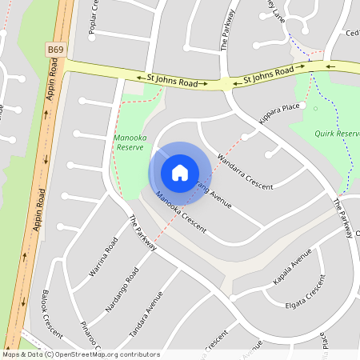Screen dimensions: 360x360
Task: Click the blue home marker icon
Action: click(x=180, y=172)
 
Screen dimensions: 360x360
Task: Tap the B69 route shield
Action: click(x=55, y=50)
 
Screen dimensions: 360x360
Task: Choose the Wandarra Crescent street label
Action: click(x=245, y=170)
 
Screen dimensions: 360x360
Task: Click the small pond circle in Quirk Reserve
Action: click(x=316, y=108)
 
